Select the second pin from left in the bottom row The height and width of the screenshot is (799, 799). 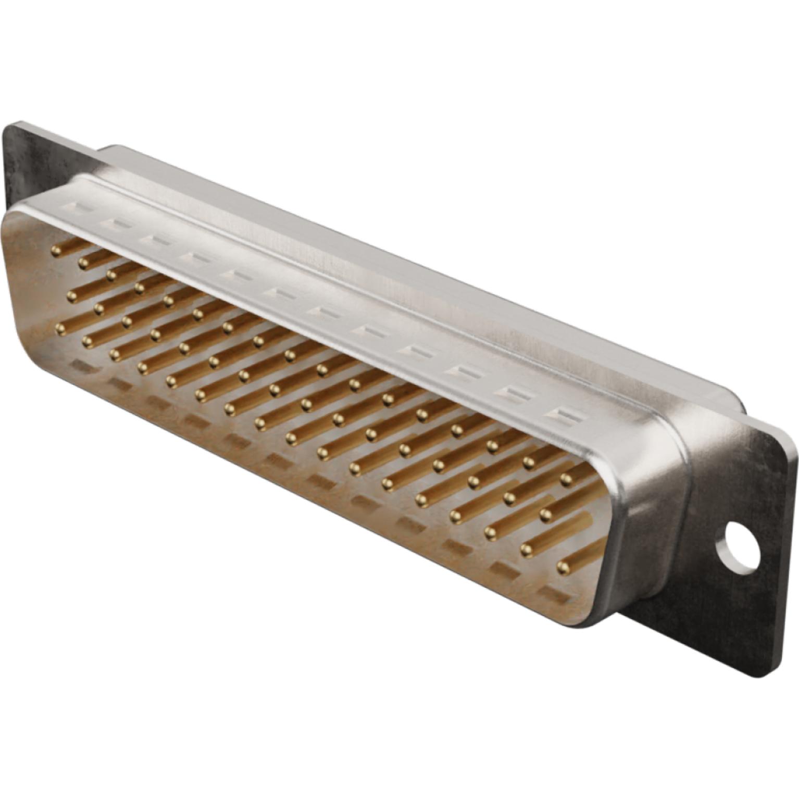coord(87,341)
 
